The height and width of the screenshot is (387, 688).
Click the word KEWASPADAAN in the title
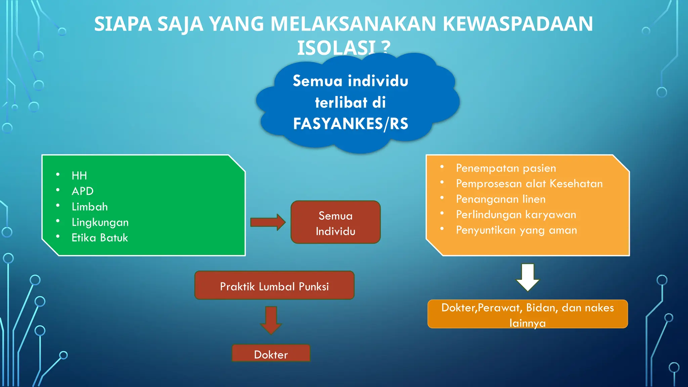coord(518,24)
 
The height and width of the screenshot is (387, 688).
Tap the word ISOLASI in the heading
coord(336,48)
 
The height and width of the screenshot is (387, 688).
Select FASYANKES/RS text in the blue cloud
coord(350,124)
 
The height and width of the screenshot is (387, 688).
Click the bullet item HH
coord(79,175)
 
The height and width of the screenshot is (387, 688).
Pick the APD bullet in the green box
coord(83,191)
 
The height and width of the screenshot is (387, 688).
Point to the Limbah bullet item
coord(90,207)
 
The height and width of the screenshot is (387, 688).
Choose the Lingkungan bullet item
coord(100,222)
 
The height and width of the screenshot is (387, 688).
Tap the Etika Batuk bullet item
coord(100,238)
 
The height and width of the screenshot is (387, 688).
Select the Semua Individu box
coord(335,222)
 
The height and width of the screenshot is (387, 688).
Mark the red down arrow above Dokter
coord(271,319)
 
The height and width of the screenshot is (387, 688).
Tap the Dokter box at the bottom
coord(271,354)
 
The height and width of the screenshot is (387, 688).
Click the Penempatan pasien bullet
coord(506,168)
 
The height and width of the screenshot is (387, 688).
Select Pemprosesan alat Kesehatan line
coord(529,183)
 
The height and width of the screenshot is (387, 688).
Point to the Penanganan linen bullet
coord(501,199)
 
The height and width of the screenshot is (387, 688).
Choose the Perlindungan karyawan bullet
coord(516,214)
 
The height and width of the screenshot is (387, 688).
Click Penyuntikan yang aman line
coord(516,230)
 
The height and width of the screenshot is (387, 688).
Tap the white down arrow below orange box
coord(528,277)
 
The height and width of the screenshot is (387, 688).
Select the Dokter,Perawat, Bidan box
coord(527,314)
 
